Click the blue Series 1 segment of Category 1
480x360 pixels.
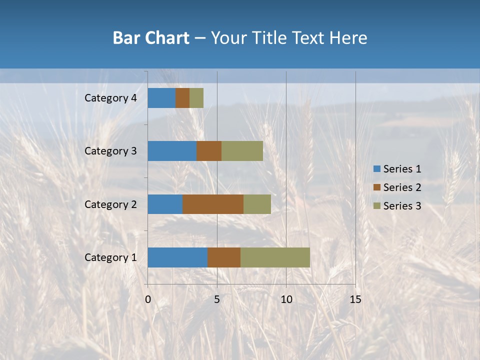pyautogui.click(x=177, y=257)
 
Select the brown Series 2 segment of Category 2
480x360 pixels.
pyautogui.click(x=213, y=204)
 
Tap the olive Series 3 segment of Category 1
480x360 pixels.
pyautogui.click(x=275, y=257)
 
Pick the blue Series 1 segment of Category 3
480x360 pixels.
pyautogui.click(x=172, y=151)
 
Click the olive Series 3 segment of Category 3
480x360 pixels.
pyautogui.click(x=242, y=151)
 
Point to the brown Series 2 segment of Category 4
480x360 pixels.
pyautogui.click(x=182, y=98)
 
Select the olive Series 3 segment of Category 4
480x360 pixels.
pyautogui.click(x=196, y=98)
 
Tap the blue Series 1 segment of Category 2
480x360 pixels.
pyautogui.click(x=165, y=204)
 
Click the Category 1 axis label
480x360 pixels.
pyautogui.click(x=110, y=257)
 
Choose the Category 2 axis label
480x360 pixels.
pyautogui.click(x=110, y=204)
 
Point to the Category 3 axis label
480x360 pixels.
pyautogui.click(x=110, y=151)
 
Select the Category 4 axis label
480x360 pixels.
pyautogui.click(x=110, y=98)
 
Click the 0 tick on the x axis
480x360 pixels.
pyautogui.click(x=148, y=299)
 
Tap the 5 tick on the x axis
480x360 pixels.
pyautogui.click(x=217, y=299)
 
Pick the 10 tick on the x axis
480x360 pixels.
pyautogui.click(x=286, y=299)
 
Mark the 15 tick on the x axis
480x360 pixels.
pyautogui.click(x=355, y=299)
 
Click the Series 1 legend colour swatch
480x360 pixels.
pyautogui.click(x=376, y=169)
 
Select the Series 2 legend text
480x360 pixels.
pyautogui.click(x=402, y=187)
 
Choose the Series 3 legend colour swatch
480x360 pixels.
pyautogui.click(x=376, y=206)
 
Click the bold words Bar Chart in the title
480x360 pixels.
pyautogui.click(x=151, y=38)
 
